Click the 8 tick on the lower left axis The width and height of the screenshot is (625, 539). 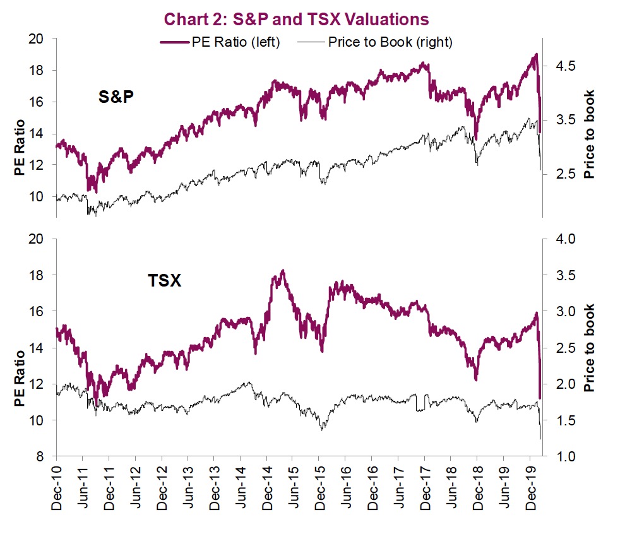pyautogui.click(x=39, y=456)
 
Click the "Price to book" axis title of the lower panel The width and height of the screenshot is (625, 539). pyautogui.click(x=590, y=348)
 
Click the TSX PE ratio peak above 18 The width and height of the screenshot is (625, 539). pyautogui.click(x=283, y=271)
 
